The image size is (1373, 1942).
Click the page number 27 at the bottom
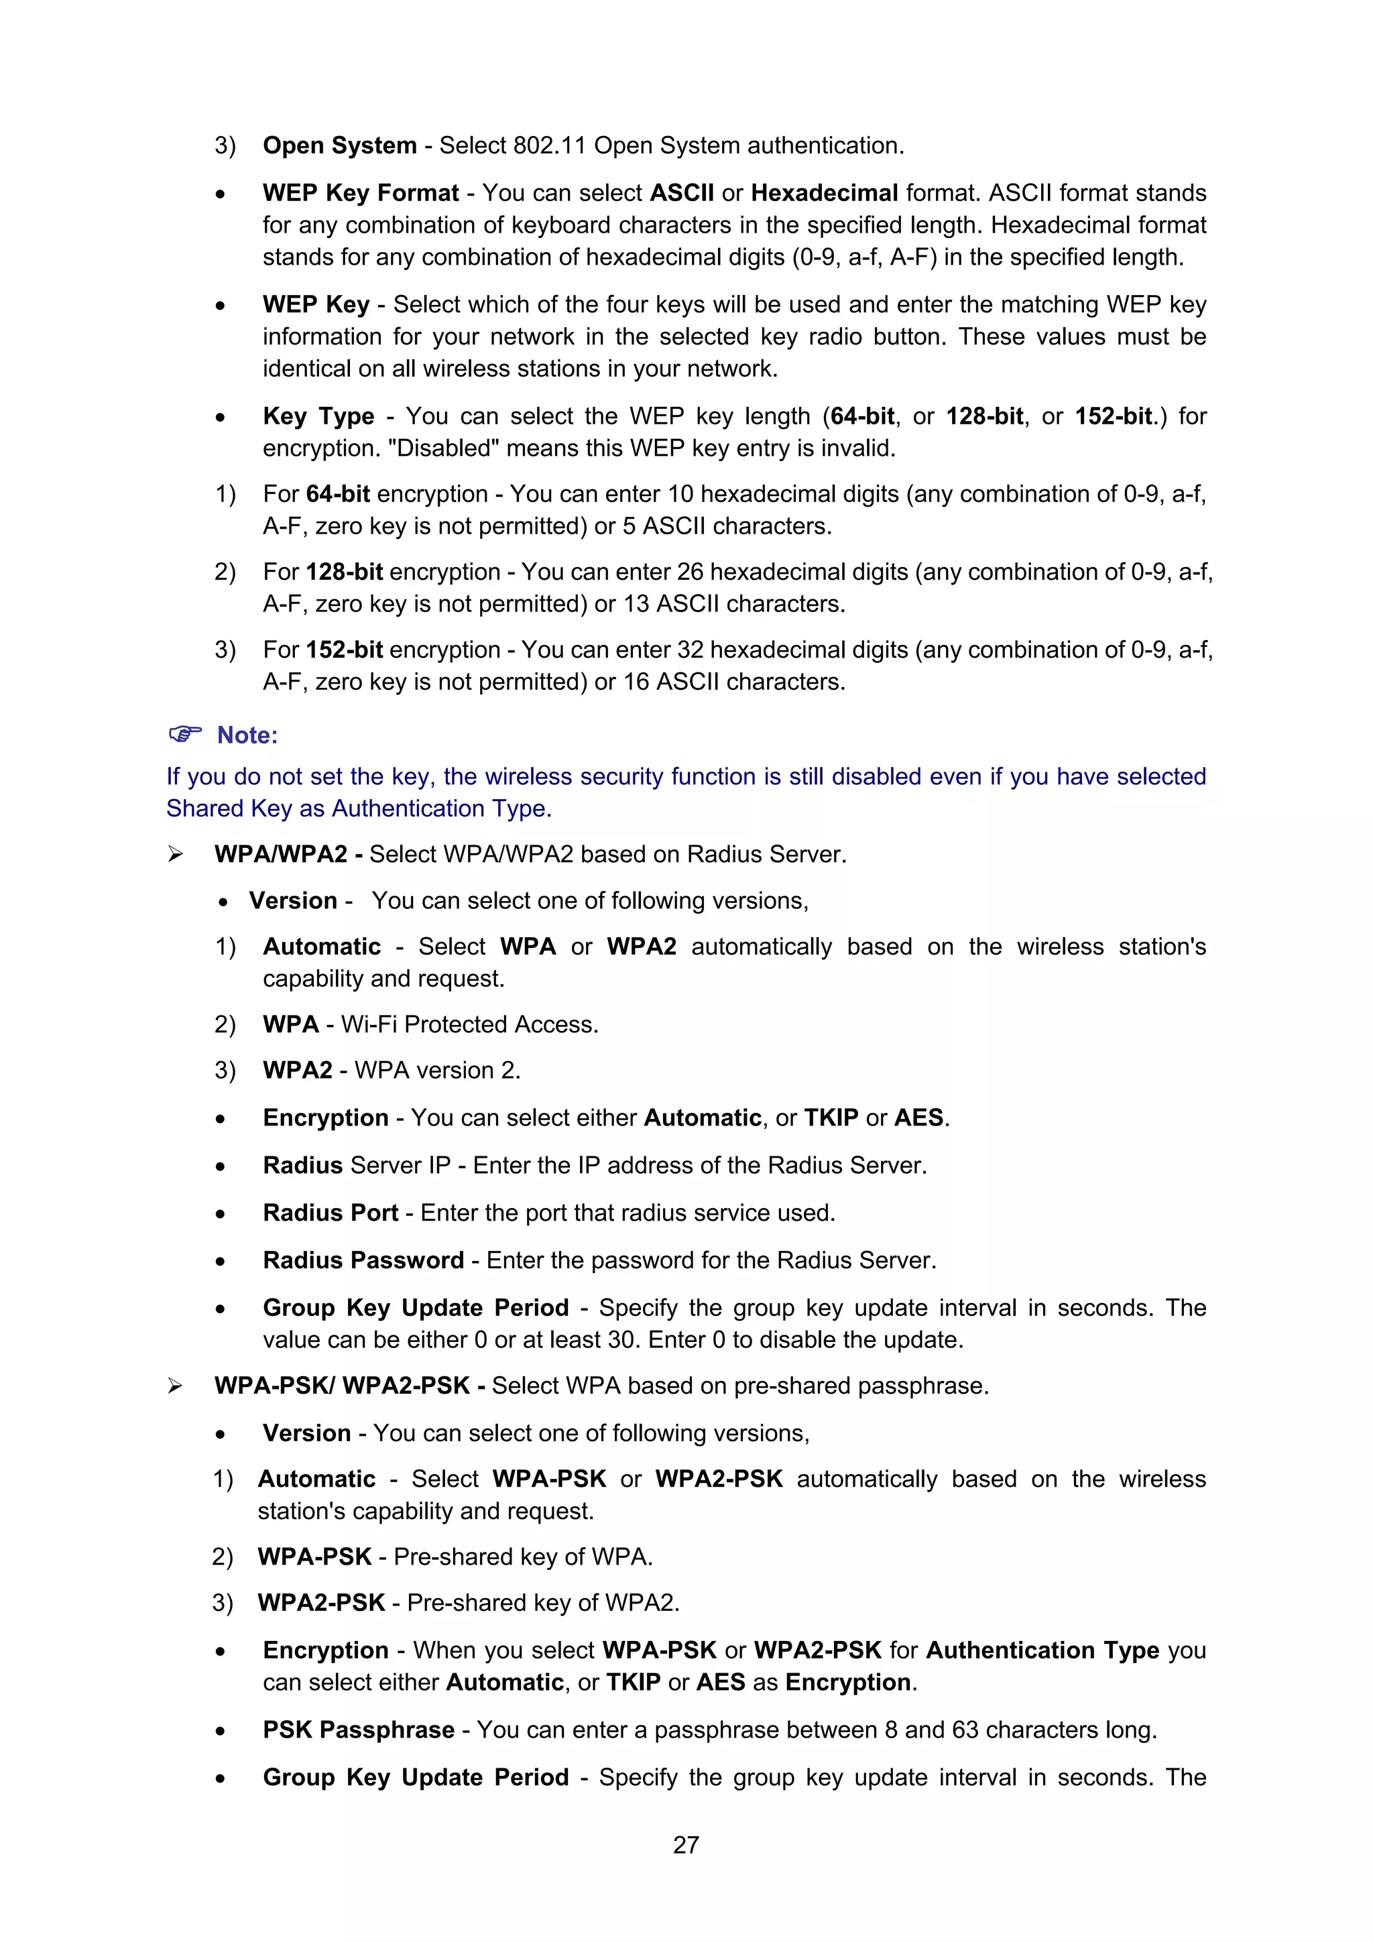pos(686,1844)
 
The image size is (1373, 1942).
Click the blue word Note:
pos(247,735)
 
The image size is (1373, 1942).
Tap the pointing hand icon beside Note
pos(185,733)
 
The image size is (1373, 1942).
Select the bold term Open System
pos(339,145)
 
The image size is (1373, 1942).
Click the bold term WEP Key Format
pos(361,193)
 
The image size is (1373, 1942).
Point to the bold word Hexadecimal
pos(824,193)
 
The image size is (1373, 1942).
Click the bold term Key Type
pos(318,416)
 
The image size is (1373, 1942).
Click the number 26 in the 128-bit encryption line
pos(689,572)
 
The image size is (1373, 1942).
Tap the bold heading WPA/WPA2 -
pos(288,854)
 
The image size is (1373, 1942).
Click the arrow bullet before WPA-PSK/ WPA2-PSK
pos(175,1386)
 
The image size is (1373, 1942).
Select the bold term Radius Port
pos(330,1213)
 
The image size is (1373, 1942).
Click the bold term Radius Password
pos(363,1260)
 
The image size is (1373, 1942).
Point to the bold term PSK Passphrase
pos(359,1729)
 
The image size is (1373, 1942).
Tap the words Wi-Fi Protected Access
pos(469,1024)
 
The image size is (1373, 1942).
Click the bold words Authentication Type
pos(1042,1650)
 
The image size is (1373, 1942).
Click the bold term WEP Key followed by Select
pos(316,304)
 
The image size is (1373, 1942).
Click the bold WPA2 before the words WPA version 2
pos(297,1070)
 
